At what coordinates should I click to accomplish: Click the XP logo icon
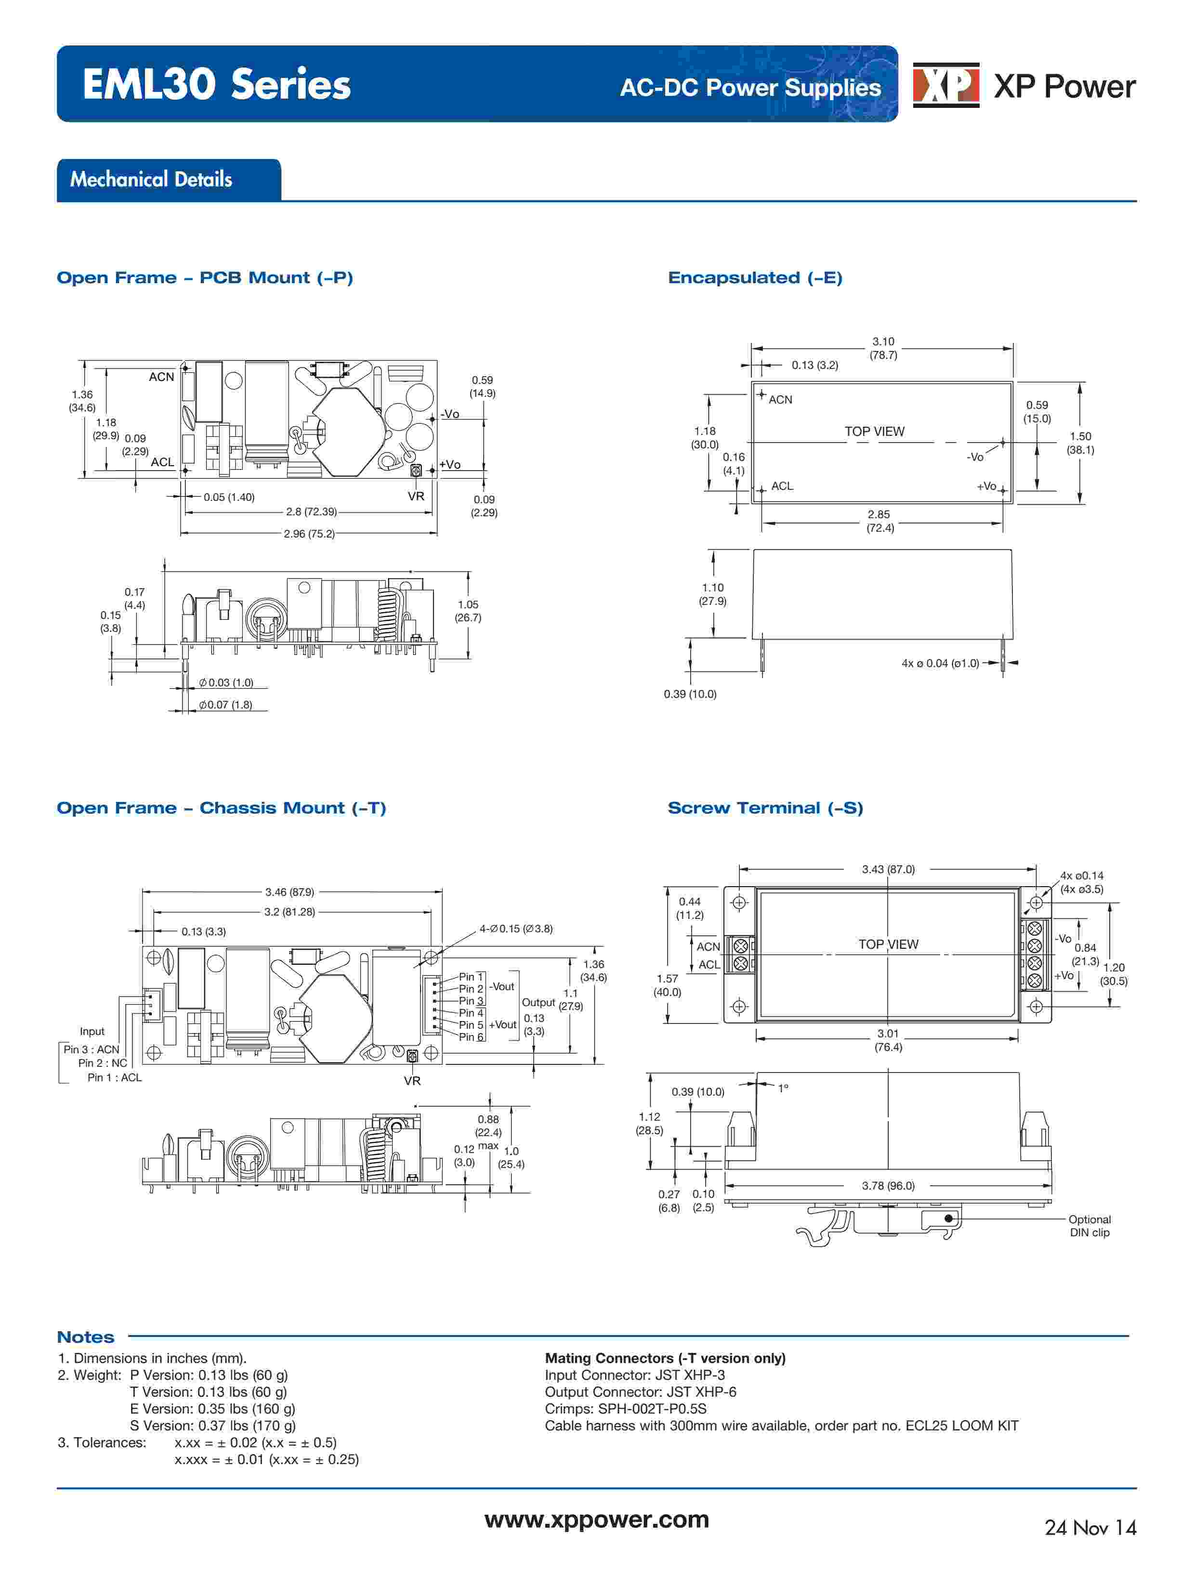point(945,85)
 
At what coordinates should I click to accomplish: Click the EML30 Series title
point(216,85)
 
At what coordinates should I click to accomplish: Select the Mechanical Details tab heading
point(151,179)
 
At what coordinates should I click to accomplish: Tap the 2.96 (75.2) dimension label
point(309,533)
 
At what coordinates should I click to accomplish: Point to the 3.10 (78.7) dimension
point(883,348)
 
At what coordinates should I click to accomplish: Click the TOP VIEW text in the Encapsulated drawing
point(874,432)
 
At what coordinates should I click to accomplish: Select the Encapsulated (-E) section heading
point(755,278)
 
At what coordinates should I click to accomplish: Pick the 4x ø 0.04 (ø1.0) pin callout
point(940,664)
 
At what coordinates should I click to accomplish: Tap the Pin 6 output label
point(471,1037)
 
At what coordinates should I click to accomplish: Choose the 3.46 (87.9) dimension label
point(289,892)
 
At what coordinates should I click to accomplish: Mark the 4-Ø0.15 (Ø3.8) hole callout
point(516,929)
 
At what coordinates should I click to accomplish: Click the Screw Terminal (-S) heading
point(765,808)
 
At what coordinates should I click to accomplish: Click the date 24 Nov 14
point(1090,1528)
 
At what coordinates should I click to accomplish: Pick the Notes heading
point(85,1337)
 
